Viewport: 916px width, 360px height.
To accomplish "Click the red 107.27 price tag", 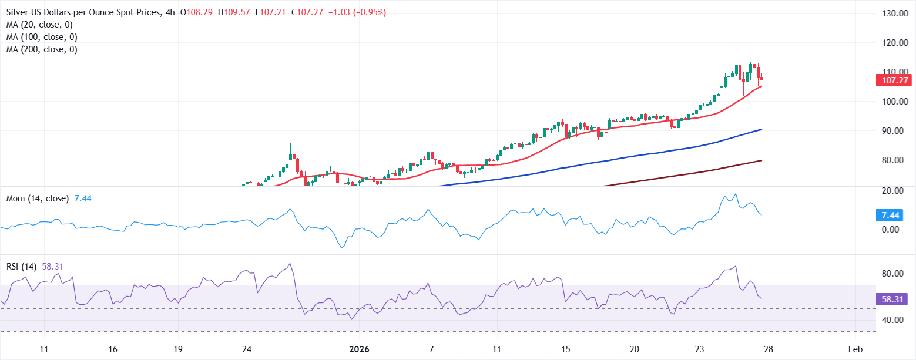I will point(893,80).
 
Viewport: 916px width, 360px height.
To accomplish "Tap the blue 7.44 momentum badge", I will point(888,215).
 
